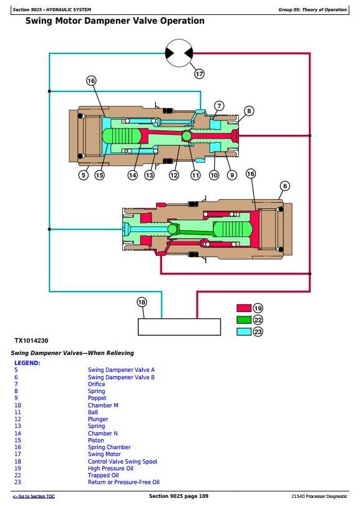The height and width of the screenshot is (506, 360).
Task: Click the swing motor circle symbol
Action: pyautogui.click(x=179, y=53)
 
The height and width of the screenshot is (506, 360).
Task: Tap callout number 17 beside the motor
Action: pyautogui.click(x=200, y=74)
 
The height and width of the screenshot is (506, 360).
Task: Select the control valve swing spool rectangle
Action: pyautogui.click(x=179, y=327)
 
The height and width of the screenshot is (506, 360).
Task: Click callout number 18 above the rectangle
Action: pyautogui.click(x=142, y=302)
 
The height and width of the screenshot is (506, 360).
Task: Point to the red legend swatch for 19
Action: pyautogui.click(x=244, y=308)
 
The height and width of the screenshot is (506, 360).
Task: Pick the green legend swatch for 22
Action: pyautogui.click(x=244, y=320)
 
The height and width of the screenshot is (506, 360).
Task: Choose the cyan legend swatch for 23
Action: pyautogui.click(x=244, y=331)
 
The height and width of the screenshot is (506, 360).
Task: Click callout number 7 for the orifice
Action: pyautogui.click(x=219, y=106)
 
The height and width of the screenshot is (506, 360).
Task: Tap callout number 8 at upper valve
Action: pyautogui.click(x=249, y=111)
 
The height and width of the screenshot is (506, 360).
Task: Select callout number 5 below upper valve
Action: pyautogui.click(x=84, y=175)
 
